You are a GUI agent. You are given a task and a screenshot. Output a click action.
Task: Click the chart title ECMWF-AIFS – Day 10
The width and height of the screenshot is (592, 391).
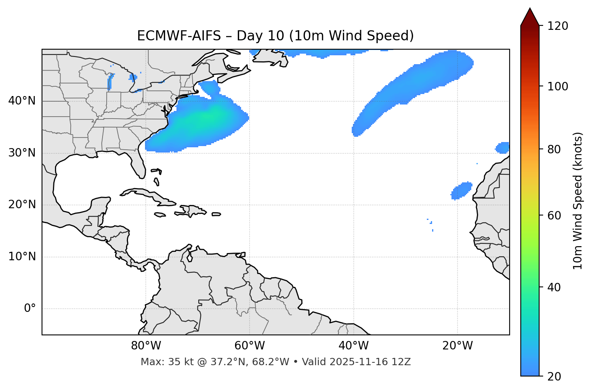pyautogui.click(x=275, y=36)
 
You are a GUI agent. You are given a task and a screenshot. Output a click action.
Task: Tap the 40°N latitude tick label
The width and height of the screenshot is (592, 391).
pyautogui.click(x=22, y=101)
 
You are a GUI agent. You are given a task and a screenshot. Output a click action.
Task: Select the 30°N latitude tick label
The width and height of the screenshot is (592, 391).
pyautogui.click(x=22, y=153)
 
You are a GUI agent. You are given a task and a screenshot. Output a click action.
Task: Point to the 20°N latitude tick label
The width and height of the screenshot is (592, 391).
pyautogui.click(x=22, y=205)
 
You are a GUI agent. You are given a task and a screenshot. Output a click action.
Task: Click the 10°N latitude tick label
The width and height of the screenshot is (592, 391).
pyautogui.click(x=22, y=257)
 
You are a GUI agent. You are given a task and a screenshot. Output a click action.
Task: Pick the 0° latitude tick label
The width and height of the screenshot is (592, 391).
pyautogui.click(x=29, y=309)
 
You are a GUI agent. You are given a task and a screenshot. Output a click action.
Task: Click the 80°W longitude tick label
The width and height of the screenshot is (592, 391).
pyautogui.click(x=146, y=346)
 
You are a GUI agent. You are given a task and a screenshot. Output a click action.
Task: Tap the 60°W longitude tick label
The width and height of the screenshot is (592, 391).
pyautogui.click(x=250, y=346)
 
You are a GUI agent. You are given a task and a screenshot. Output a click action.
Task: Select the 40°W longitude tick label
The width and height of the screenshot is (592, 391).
pyautogui.click(x=353, y=346)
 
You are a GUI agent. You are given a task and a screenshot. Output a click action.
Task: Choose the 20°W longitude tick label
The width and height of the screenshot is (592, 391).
pyautogui.click(x=457, y=346)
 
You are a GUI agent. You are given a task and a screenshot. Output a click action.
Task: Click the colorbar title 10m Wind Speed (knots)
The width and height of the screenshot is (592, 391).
pyautogui.click(x=578, y=201)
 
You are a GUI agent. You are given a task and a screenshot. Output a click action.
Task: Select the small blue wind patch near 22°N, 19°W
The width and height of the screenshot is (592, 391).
pyautogui.click(x=461, y=190)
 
